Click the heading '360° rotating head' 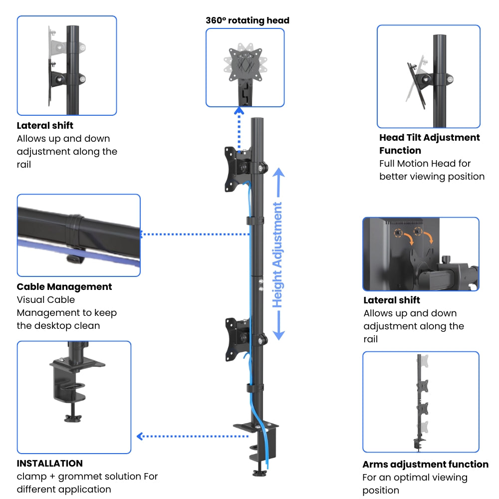point(248,20)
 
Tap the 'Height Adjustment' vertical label point(277,254)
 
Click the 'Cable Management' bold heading point(64,287)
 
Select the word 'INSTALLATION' point(50,464)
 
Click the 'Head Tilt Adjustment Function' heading point(429,144)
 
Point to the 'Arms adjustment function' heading point(425,465)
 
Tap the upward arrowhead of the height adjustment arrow point(278,173)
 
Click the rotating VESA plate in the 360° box point(245,64)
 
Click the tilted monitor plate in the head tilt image point(417,85)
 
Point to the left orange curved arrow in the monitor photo point(408,238)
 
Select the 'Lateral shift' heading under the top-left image point(45,126)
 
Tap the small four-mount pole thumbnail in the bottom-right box point(421,402)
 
